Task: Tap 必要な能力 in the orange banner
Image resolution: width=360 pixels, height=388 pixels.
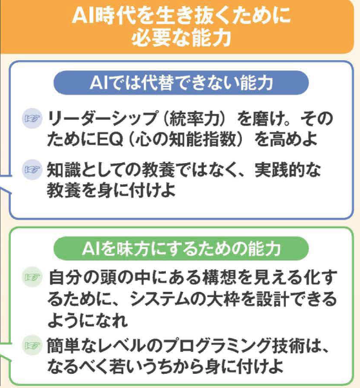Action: (x=181, y=37)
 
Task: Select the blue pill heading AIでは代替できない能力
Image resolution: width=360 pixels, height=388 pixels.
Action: (x=181, y=82)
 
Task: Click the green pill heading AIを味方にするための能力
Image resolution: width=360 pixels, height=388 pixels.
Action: (x=181, y=248)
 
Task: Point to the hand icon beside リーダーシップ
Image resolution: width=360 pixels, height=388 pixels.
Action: (x=32, y=119)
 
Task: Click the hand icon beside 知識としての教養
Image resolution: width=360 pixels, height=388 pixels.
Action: (x=32, y=170)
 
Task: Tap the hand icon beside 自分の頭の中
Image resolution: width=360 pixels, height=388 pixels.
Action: (x=32, y=277)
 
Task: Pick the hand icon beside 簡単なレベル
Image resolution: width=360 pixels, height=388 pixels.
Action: (x=32, y=345)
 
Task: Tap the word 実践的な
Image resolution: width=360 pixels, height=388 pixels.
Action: (x=288, y=170)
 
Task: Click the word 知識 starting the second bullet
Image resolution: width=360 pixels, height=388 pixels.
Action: (x=63, y=170)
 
